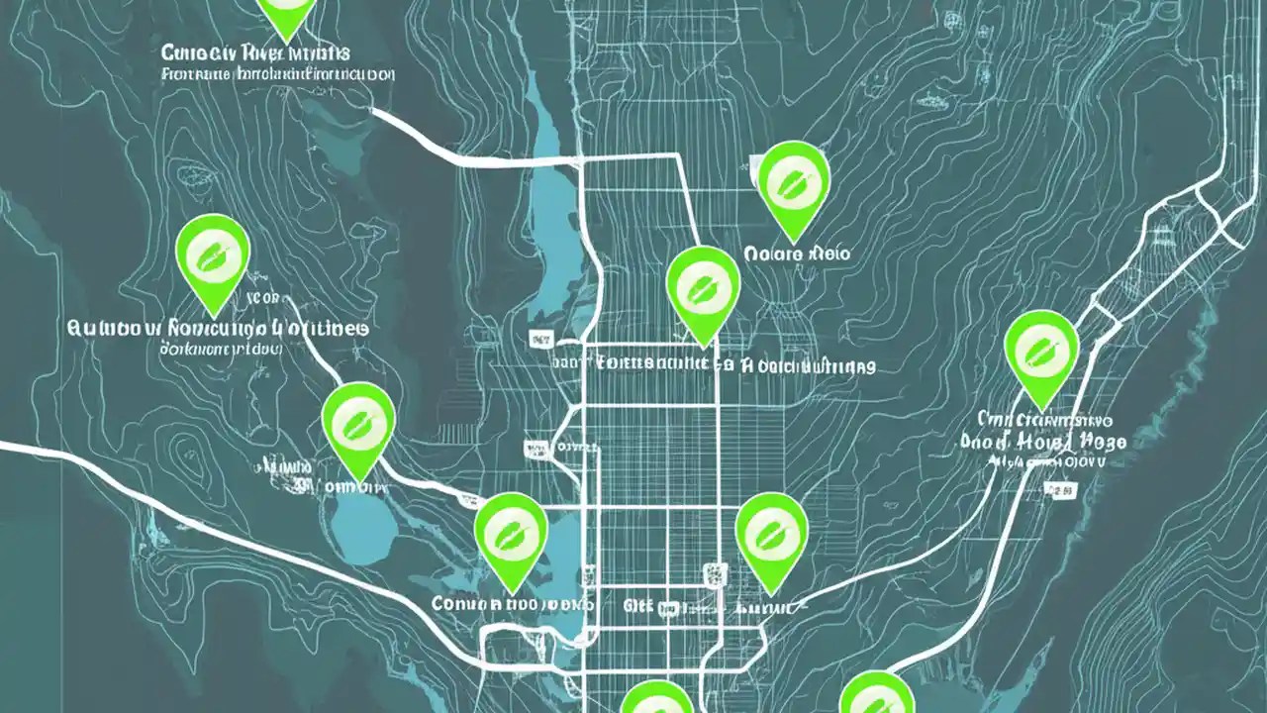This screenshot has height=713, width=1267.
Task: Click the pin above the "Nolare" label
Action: click(793, 186)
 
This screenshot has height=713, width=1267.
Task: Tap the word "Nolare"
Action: click(771, 255)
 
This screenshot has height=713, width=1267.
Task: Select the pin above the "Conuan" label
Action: click(511, 533)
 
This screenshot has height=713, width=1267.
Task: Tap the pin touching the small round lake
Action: click(358, 426)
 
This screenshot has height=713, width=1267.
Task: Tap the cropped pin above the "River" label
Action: click(286, 12)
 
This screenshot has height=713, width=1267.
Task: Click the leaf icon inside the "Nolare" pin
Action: click(793, 179)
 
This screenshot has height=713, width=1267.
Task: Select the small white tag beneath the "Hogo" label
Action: click(1065, 490)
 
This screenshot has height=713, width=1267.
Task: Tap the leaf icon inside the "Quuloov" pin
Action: click(211, 254)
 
